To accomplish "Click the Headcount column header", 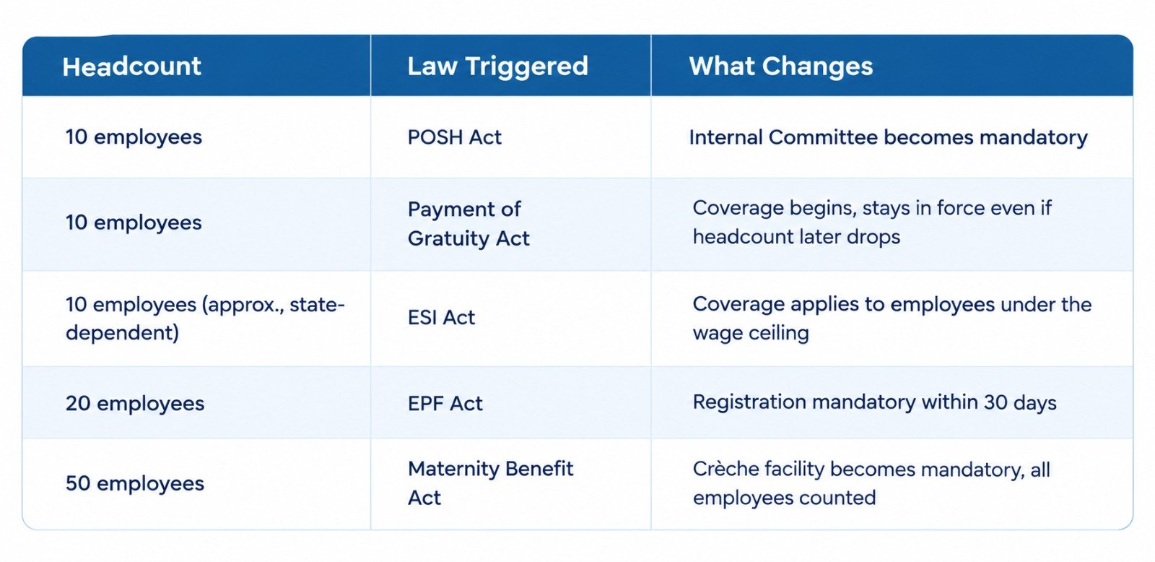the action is [x=131, y=66].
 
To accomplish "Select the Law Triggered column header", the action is [x=497, y=66].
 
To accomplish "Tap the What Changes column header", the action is [x=780, y=66].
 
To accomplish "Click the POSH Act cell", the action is [x=454, y=137].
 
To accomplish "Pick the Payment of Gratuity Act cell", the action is [x=468, y=223].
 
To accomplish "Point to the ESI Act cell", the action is [x=441, y=317].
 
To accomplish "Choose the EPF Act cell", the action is [x=445, y=403].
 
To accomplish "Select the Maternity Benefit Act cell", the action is [x=490, y=483].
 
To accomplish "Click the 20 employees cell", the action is [x=134, y=404].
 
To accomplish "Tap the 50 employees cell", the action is [x=134, y=483].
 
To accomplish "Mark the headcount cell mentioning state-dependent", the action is [x=205, y=319].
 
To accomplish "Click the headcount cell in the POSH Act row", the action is [x=134, y=137].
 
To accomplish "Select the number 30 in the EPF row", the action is [x=995, y=402].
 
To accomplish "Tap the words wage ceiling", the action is [x=751, y=334].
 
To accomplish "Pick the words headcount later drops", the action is [x=796, y=237].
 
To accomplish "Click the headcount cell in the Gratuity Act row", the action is [x=134, y=223].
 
